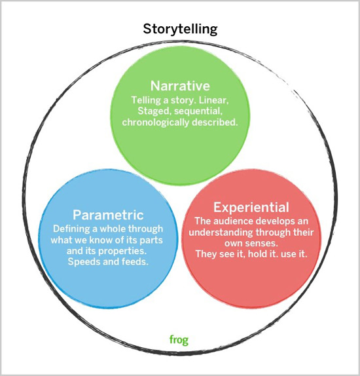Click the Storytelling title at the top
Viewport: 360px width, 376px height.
pos(180,29)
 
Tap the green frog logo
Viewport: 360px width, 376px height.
pos(179,340)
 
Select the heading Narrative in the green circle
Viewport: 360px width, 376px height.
pos(180,86)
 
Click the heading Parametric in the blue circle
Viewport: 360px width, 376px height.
pos(108,215)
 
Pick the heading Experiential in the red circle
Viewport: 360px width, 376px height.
pos(251,207)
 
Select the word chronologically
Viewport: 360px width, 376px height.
pos(155,122)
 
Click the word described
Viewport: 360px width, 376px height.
pos(215,122)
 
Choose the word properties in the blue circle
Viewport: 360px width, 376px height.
pos(122,252)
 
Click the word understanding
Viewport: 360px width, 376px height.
pos(221,233)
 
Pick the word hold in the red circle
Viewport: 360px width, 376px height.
pos(257,254)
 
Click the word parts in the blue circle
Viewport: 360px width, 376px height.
pos(151,240)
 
